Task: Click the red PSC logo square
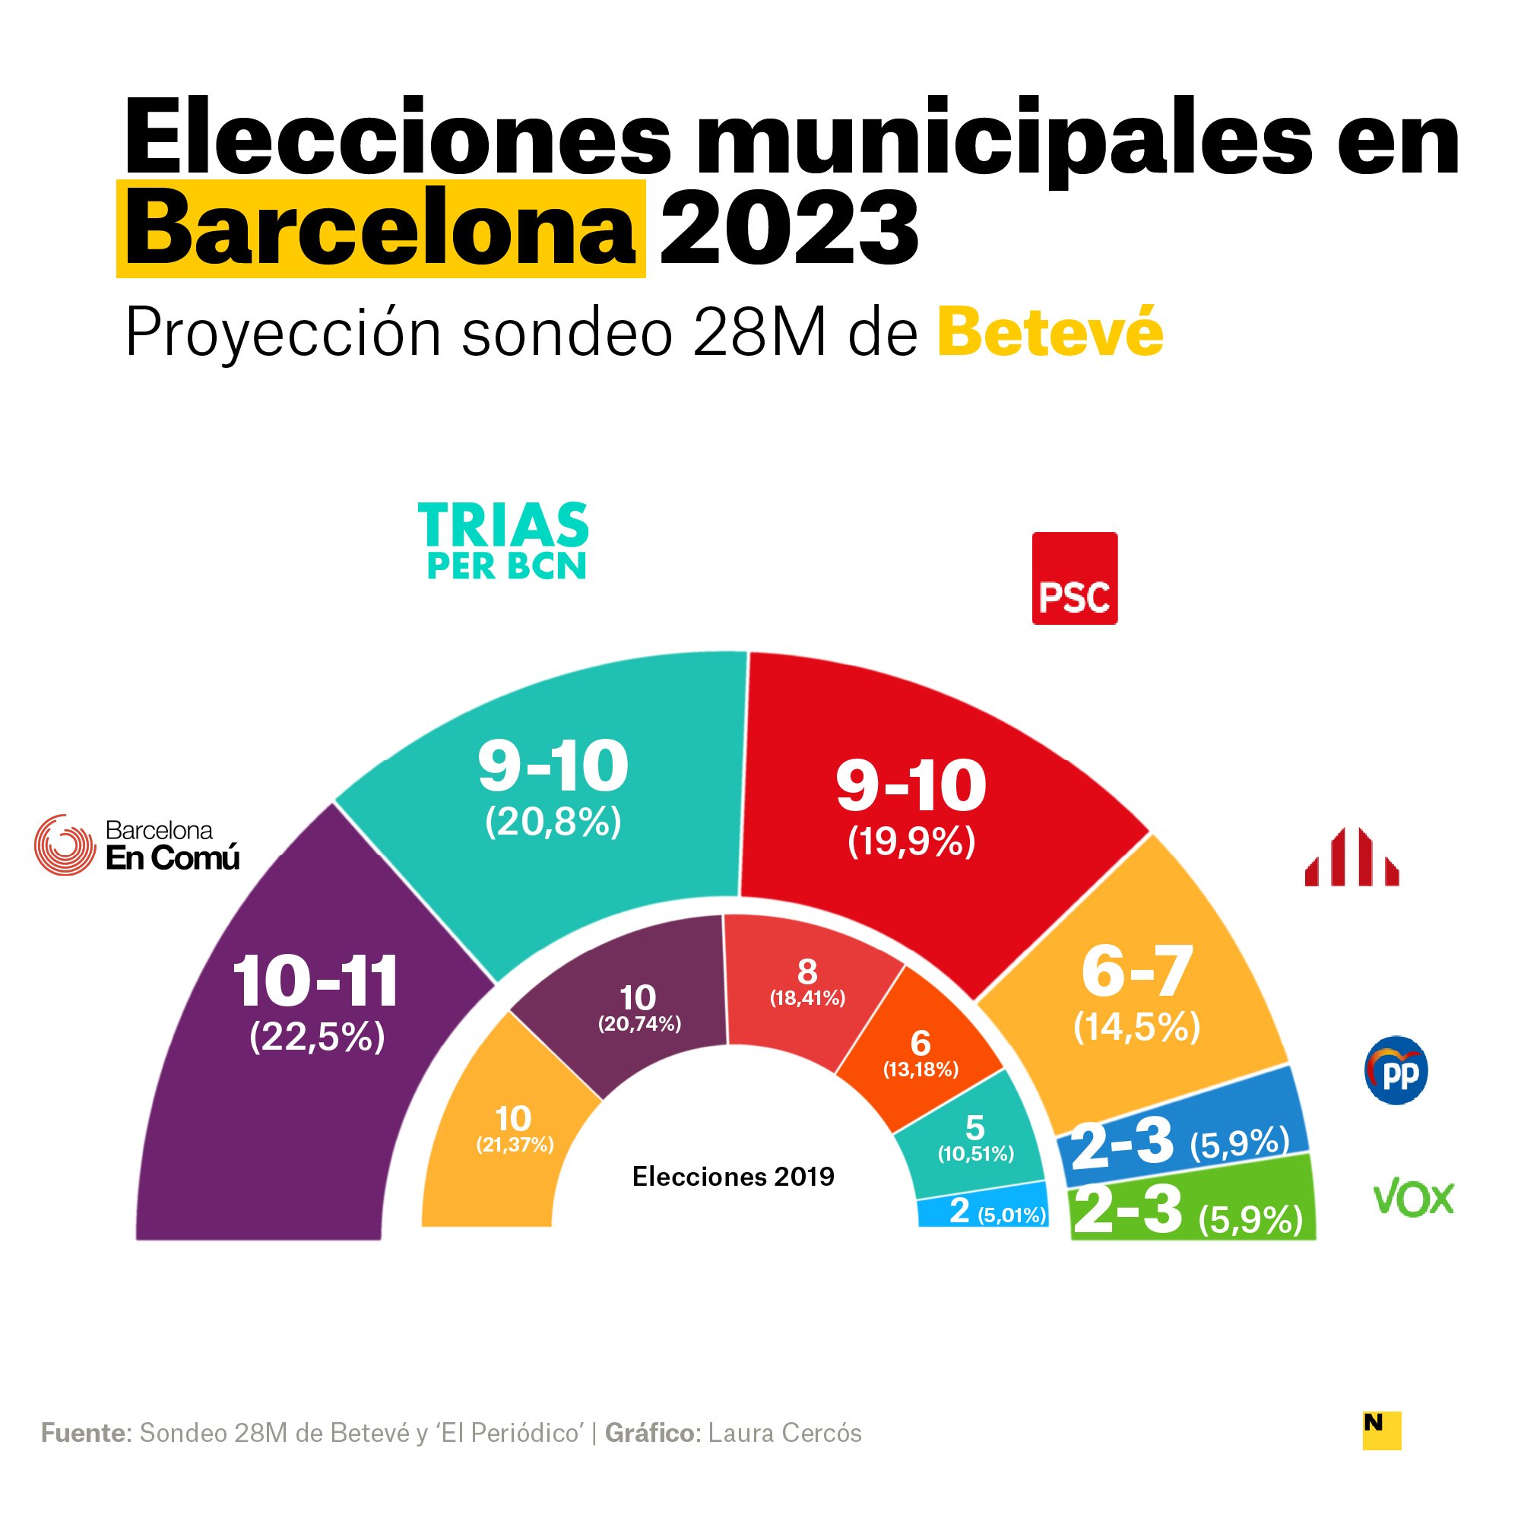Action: [x=1074, y=578]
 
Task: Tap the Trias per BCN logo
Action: [x=504, y=541]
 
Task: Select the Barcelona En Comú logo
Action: [x=137, y=844]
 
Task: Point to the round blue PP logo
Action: [x=1396, y=1070]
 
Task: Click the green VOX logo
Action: [x=1413, y=1198]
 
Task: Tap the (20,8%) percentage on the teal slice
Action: [x=553, y=822]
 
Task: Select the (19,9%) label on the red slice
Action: [x=911, y=841]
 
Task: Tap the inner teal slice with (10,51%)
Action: [x=974, y=1138]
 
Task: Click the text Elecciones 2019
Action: [x=733, y=1176]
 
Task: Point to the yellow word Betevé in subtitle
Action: [x=1050, y=333]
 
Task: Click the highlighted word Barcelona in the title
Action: [x=380, y=229]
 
